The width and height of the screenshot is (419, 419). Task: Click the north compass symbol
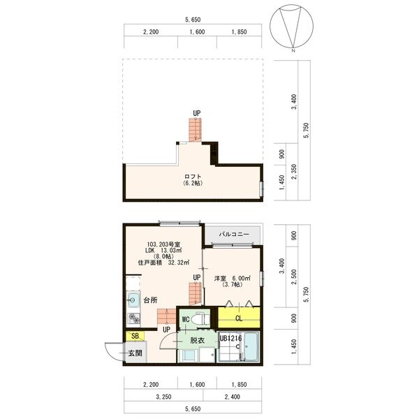(293, 28)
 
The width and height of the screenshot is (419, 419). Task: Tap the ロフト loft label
(193, 175)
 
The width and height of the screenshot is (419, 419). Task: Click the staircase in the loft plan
(193, 130)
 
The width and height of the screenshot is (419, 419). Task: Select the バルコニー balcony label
(233, 234)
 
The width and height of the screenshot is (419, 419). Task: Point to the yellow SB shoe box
(133, 337)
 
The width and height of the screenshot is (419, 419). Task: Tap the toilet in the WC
(200, 318)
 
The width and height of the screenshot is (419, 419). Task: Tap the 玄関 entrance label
(135, 353)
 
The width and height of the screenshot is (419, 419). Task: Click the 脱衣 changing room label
(197, 340)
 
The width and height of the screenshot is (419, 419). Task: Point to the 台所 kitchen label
(150, 301)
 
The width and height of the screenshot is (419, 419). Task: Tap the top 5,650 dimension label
(193, 20)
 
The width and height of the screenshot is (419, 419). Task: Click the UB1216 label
(230, 339)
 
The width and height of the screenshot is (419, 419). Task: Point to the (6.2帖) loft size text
(193, 183)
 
